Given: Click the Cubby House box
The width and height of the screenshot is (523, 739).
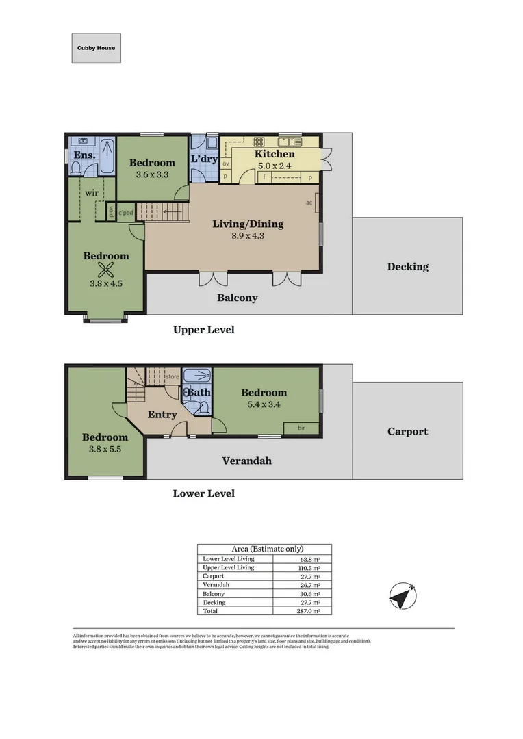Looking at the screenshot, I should (x=96, y=48).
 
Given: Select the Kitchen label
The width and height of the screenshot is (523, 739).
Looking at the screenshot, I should (x=275, y=154).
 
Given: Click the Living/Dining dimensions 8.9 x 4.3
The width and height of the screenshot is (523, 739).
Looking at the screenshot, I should (x=247, y=236).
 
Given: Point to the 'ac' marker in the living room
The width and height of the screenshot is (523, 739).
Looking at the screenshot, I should (x=309, y=203).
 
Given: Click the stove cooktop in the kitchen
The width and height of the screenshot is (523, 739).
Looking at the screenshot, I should (x=259, y=142).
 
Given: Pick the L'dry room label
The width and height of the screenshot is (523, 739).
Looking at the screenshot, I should (x=204, y=159).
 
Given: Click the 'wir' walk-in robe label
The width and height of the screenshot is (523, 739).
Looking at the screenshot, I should (x=92, y=193).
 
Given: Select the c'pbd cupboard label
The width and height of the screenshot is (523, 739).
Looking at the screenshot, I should (x=125, y=213).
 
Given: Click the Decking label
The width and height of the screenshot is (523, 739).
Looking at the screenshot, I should (x=407, y=267).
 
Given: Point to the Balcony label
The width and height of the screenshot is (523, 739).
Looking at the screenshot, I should (x=237, y=298).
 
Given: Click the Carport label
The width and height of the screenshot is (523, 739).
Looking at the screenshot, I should (x=407, y=432).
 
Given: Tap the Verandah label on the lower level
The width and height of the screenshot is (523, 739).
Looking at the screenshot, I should (x=246, y=461).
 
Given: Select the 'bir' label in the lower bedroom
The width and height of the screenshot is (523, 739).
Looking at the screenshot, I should (x=302, y=428).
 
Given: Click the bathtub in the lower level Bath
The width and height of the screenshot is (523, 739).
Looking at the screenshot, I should (x=197, y=375).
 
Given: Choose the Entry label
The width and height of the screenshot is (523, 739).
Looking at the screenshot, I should (x=162, y=415).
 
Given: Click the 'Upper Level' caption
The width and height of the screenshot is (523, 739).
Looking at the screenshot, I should (x=203, y=330).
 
